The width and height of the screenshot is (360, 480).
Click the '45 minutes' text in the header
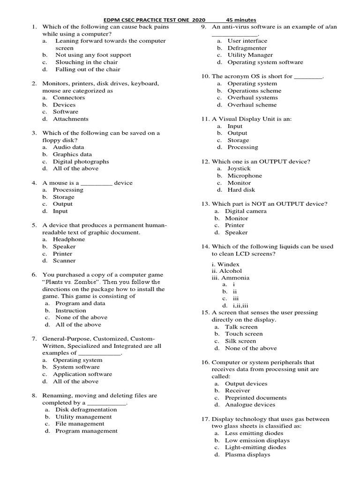[241, 20]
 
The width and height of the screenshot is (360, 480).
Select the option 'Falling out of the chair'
[88, 69]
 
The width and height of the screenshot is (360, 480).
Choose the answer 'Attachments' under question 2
[70, 119]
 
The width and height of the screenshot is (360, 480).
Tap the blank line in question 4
[97, 183]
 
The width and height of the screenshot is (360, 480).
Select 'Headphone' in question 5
[69, 240]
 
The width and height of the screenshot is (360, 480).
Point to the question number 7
[34, 338]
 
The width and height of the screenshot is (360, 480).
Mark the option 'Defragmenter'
[247, 48]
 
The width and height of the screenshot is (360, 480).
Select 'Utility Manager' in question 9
[250, 55]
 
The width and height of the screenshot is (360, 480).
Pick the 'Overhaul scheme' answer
[252, 105]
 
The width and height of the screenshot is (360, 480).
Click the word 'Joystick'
[239, 168]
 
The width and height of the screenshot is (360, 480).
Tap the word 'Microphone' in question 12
[245, 176]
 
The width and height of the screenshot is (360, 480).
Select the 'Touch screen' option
[244, 334]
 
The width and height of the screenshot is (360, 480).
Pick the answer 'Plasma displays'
[247, 454]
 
